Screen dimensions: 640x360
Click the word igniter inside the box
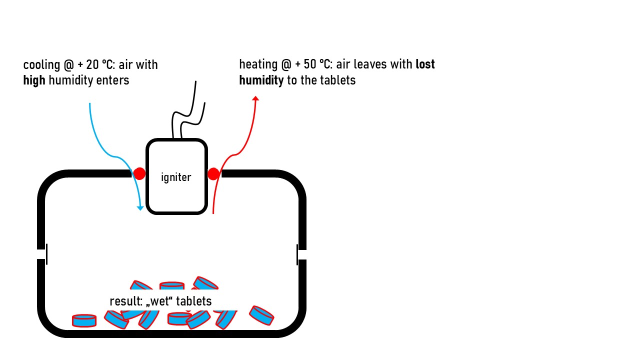point(176,177)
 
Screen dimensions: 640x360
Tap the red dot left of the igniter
point(139,173)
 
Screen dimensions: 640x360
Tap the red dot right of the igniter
point(213,174)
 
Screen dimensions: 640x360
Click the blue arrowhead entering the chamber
point(140,208)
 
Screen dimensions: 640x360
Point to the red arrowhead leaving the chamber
point(255,98)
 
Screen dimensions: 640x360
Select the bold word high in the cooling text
point(34,80)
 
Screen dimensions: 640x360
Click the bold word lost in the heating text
point(425,64)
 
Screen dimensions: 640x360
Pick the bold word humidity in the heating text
point(261,80)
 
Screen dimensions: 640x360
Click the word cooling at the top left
point(41,65)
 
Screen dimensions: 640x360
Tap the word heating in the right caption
point(258,65)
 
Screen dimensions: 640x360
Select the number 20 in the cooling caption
point(92,65)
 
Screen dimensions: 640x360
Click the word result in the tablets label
point(126,301)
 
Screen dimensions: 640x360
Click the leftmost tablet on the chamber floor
point(84,320)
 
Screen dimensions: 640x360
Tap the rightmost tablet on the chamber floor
point(261,315)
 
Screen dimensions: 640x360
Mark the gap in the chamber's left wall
point(41,254)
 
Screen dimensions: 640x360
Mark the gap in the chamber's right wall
point(302,254)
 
